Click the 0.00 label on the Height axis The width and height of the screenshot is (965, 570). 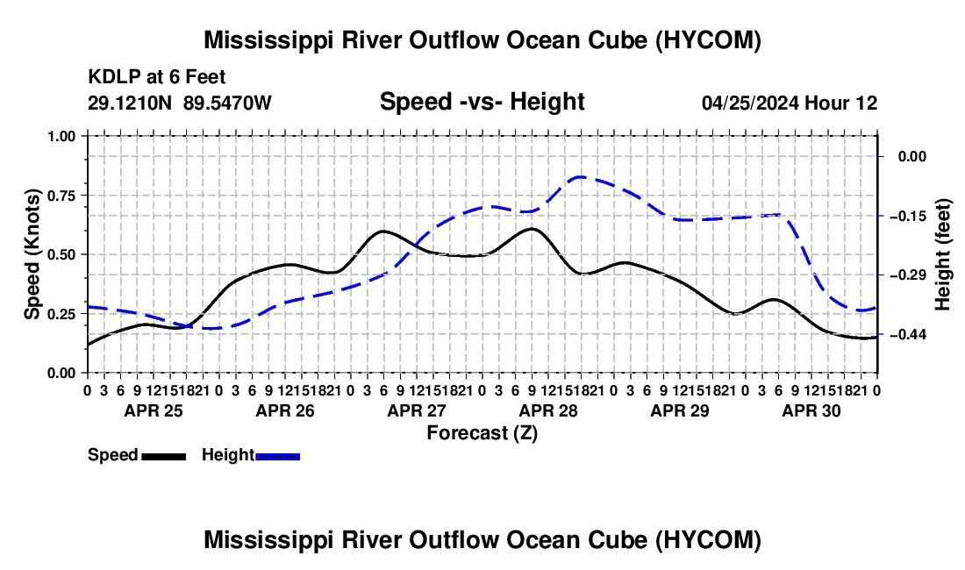tap(912, 156)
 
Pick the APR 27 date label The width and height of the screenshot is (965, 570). tap(417, 410)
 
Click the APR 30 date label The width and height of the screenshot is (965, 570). tap(811, 410)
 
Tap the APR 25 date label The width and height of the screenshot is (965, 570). tap(154, 410)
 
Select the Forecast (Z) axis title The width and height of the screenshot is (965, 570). tap(482, 433)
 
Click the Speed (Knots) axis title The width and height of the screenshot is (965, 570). tap(32, 254)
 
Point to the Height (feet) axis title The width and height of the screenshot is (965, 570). tap(942, 254)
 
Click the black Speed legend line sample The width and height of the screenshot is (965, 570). tap(164, 456)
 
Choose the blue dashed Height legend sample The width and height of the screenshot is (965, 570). tap(277, 456)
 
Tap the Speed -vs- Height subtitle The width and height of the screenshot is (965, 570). tap(482, 102)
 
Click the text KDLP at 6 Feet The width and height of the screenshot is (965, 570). tap(157, 77)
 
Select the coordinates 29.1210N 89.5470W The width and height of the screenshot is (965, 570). tap(180, 103)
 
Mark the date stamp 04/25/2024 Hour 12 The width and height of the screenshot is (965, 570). tap(790, 103)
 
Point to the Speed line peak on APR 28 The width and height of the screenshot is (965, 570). tap(532, 229)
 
